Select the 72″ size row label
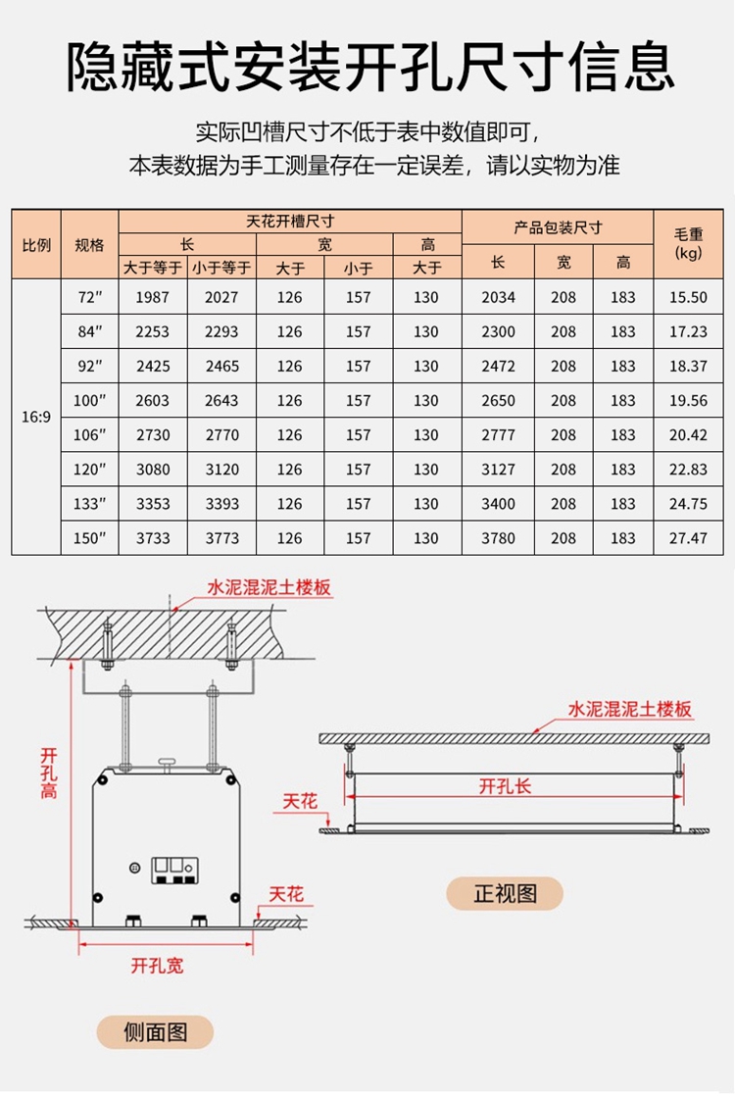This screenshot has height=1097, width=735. click(x=89, y=297)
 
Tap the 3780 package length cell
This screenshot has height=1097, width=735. click(x=498, y=538)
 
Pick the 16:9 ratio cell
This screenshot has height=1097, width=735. click(x=36, y=417)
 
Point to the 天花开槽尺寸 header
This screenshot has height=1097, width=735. click(x=290, y=223)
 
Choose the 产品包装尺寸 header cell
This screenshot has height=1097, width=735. click(x=559, y=227)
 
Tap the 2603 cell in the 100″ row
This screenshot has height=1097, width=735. click(x=153, y=400)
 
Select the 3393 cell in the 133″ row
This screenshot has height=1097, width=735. click(x=221, y=504)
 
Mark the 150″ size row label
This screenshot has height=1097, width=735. click(x=89, y=538)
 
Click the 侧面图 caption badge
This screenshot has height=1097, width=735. click(x=155, y=1031)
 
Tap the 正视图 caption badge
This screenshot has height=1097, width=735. click(x=506, y=893)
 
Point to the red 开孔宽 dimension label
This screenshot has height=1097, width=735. click(x=157, y=966)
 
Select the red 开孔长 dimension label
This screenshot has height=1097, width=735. click(x=506, y=785)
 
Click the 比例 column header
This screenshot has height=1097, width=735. click(x=36, y=244)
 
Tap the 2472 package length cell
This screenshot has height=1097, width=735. click(x=498, y=366)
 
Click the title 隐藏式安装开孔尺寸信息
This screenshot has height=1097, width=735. click(x=367, y=67)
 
